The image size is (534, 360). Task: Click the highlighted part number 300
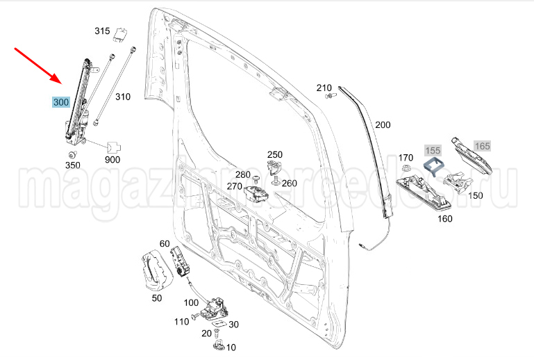(61, 102)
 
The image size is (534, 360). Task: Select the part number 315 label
(102, 31)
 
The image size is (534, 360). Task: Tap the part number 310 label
(123, 97)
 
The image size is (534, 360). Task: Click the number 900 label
(112, 160)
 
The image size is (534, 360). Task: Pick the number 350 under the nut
(72, 165)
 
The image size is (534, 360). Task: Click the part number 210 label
(324, 88)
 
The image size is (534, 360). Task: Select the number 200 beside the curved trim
(383, 125)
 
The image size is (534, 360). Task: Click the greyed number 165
(482, 146)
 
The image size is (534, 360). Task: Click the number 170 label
(406, 157)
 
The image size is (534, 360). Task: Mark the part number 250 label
(275, 154)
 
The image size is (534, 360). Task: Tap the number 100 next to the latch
(191, 303)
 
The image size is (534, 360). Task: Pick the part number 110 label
(181, 321)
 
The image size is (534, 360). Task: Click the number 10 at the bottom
(231, 347)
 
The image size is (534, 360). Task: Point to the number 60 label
(165, 243)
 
